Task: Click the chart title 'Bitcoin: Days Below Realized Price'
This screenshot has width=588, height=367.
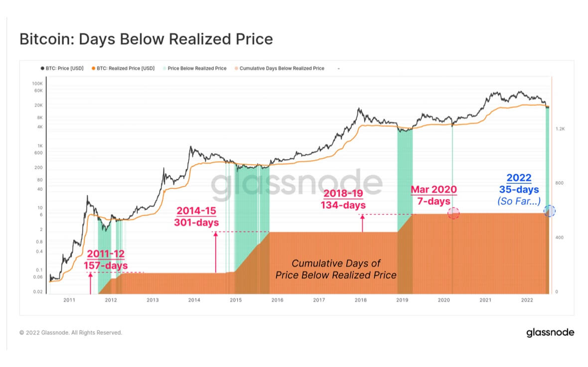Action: pos(146,39)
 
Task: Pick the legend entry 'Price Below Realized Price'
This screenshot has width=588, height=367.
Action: pos(197,68)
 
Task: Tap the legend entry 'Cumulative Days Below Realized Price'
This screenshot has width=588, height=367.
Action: pos(282,68)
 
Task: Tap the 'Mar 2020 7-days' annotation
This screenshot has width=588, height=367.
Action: pos(433,195)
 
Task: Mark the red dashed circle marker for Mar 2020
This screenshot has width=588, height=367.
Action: pos(453,213)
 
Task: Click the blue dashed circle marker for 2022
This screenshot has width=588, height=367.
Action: pos(550,211)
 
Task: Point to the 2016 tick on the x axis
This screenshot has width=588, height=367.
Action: pos(277,300)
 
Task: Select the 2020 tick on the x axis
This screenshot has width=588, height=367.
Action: pos(443,300)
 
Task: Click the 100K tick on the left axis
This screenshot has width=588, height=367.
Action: pos(38,84)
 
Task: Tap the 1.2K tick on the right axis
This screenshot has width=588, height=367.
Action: pos(560,128)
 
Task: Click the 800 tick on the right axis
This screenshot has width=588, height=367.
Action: pos(559,183)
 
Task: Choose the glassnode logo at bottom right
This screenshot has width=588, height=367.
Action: pos(550,333)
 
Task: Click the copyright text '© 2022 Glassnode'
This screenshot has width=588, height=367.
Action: pos(71,333)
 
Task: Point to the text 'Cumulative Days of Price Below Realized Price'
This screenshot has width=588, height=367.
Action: pos(336,269)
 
